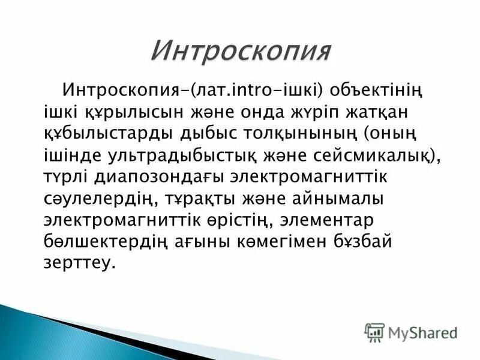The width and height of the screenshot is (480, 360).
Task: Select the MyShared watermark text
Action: [x=423, y=331]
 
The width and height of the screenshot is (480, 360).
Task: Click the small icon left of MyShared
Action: [x=374, y=331]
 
